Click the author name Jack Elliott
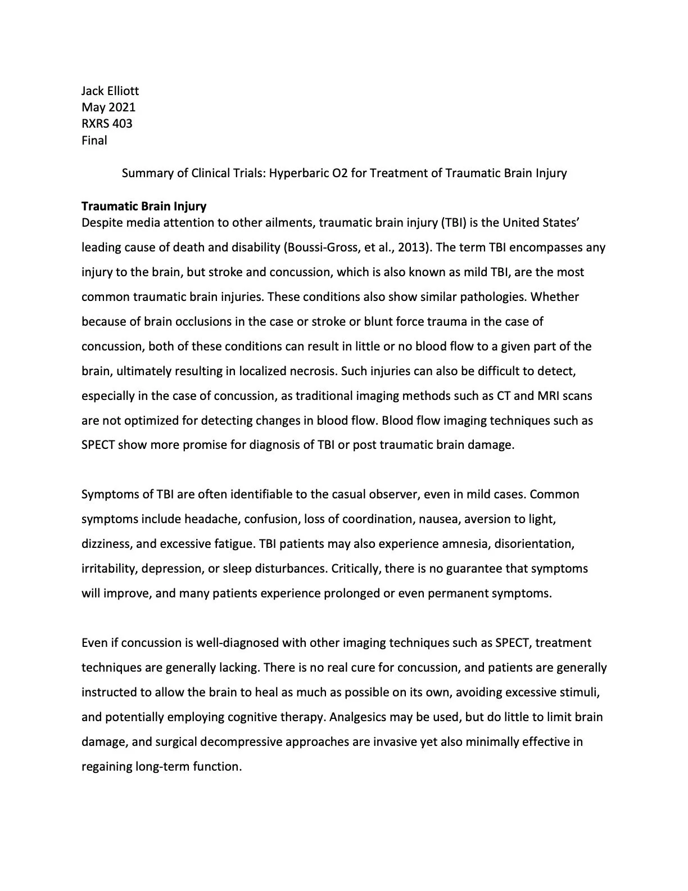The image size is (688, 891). [110, 91]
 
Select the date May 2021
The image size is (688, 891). [108, 107]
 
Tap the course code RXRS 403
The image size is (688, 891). [107, 123]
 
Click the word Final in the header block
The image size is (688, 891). [94, 140]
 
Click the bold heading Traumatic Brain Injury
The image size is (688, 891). [144, 206]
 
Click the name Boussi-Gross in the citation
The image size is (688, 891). [320, 247]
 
